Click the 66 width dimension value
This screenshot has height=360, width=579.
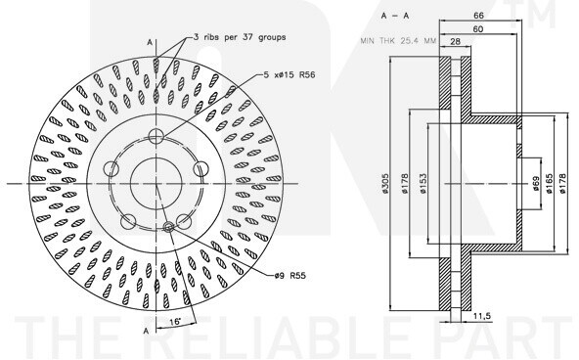click(478, 16)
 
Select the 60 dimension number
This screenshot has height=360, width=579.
click(478, 29)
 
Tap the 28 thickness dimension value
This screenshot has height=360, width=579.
click(456, 41)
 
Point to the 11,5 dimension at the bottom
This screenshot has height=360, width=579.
click(482, 316)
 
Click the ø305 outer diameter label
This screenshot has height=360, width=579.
click(384, 184)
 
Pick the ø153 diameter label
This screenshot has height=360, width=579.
click(423, 184)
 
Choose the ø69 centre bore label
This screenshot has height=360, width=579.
click(537, 184)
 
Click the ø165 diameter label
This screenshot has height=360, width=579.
click(549, 184)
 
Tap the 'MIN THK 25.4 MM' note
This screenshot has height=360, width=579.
click(398, 41)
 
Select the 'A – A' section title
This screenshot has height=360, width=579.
click(395, 16)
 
